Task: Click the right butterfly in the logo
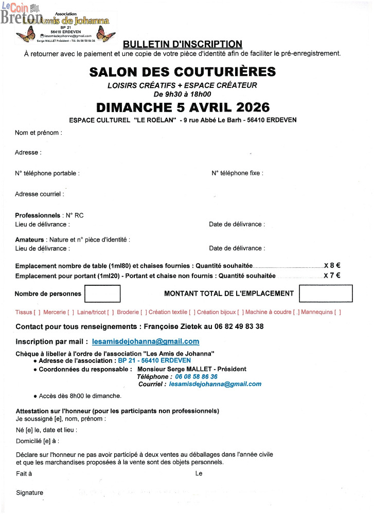tap(107, 36)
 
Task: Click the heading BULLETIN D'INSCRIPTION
tap(183, 44)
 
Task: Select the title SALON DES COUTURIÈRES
tap(183, 72)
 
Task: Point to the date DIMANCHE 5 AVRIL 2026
tap(183, 107)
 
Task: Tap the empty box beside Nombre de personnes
tap(102, 293)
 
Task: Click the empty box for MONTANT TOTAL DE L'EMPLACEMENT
tap(326, 293)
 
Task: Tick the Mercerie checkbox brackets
tap(71, 312)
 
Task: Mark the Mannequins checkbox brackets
tap(337, 312)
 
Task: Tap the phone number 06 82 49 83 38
tap(239, 326)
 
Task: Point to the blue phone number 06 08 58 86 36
tap(196, 377)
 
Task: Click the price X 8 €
tap(332, 266)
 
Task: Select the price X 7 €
tap(332, 276)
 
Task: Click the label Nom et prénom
tap(39, 133)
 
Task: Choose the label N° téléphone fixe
tap(237, 173)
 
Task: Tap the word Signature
tap(30, 493)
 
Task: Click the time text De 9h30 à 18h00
tap(182, 94)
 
